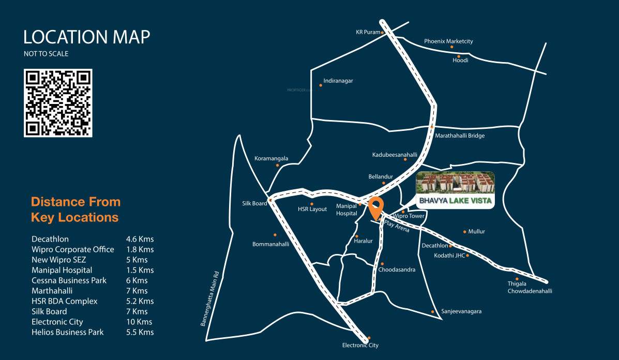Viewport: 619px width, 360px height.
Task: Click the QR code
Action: (x=58, y=103)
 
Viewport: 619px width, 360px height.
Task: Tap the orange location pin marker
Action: (x=376, y=208)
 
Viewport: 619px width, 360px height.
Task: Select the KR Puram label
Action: (x=368, y=32)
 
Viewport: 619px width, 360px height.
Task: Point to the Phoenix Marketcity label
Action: (x=448, y=41)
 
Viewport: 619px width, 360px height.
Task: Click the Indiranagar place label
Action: (x=338, y=81)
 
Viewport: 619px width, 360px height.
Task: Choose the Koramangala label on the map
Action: (x=271, y=158)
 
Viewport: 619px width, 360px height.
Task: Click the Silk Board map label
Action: (x=254, y=203)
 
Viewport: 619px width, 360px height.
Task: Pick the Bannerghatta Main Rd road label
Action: (x=210, y=299)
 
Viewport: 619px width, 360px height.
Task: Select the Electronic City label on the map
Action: (x=360, y=345)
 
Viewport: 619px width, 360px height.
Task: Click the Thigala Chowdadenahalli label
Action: (x=530, y=287)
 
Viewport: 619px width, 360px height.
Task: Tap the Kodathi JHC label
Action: (x=449, y=255)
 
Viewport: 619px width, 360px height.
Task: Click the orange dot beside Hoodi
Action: (x=458, y=56)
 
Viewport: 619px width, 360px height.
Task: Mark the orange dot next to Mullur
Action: (x=465, y=232)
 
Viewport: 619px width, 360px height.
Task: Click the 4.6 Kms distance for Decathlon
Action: (x=140, y=239)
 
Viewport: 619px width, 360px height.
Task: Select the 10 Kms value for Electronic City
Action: (x=139, y=322)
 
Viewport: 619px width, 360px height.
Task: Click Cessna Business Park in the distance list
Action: (x=69, y=280)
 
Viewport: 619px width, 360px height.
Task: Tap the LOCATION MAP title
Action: (x=87, y=37)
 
